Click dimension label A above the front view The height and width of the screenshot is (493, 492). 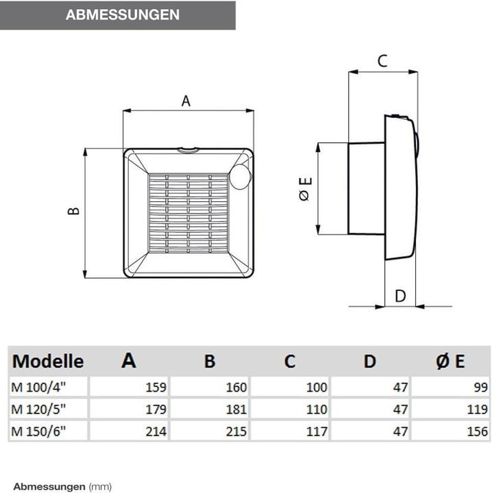click(185, 101)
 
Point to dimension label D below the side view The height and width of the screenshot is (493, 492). click(401, 296)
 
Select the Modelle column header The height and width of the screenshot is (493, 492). click(48, 361)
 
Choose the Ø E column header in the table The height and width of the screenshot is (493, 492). click(451, 361)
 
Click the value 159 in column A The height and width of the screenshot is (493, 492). click(156, 388)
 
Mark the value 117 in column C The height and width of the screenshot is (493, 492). click(317, 432)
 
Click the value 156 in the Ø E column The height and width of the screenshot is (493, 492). click(478, 432)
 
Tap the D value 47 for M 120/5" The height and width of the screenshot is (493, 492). click(401, 410)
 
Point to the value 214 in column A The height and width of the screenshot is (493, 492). click(156, 432)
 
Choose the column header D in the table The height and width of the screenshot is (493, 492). click(369, 361)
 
